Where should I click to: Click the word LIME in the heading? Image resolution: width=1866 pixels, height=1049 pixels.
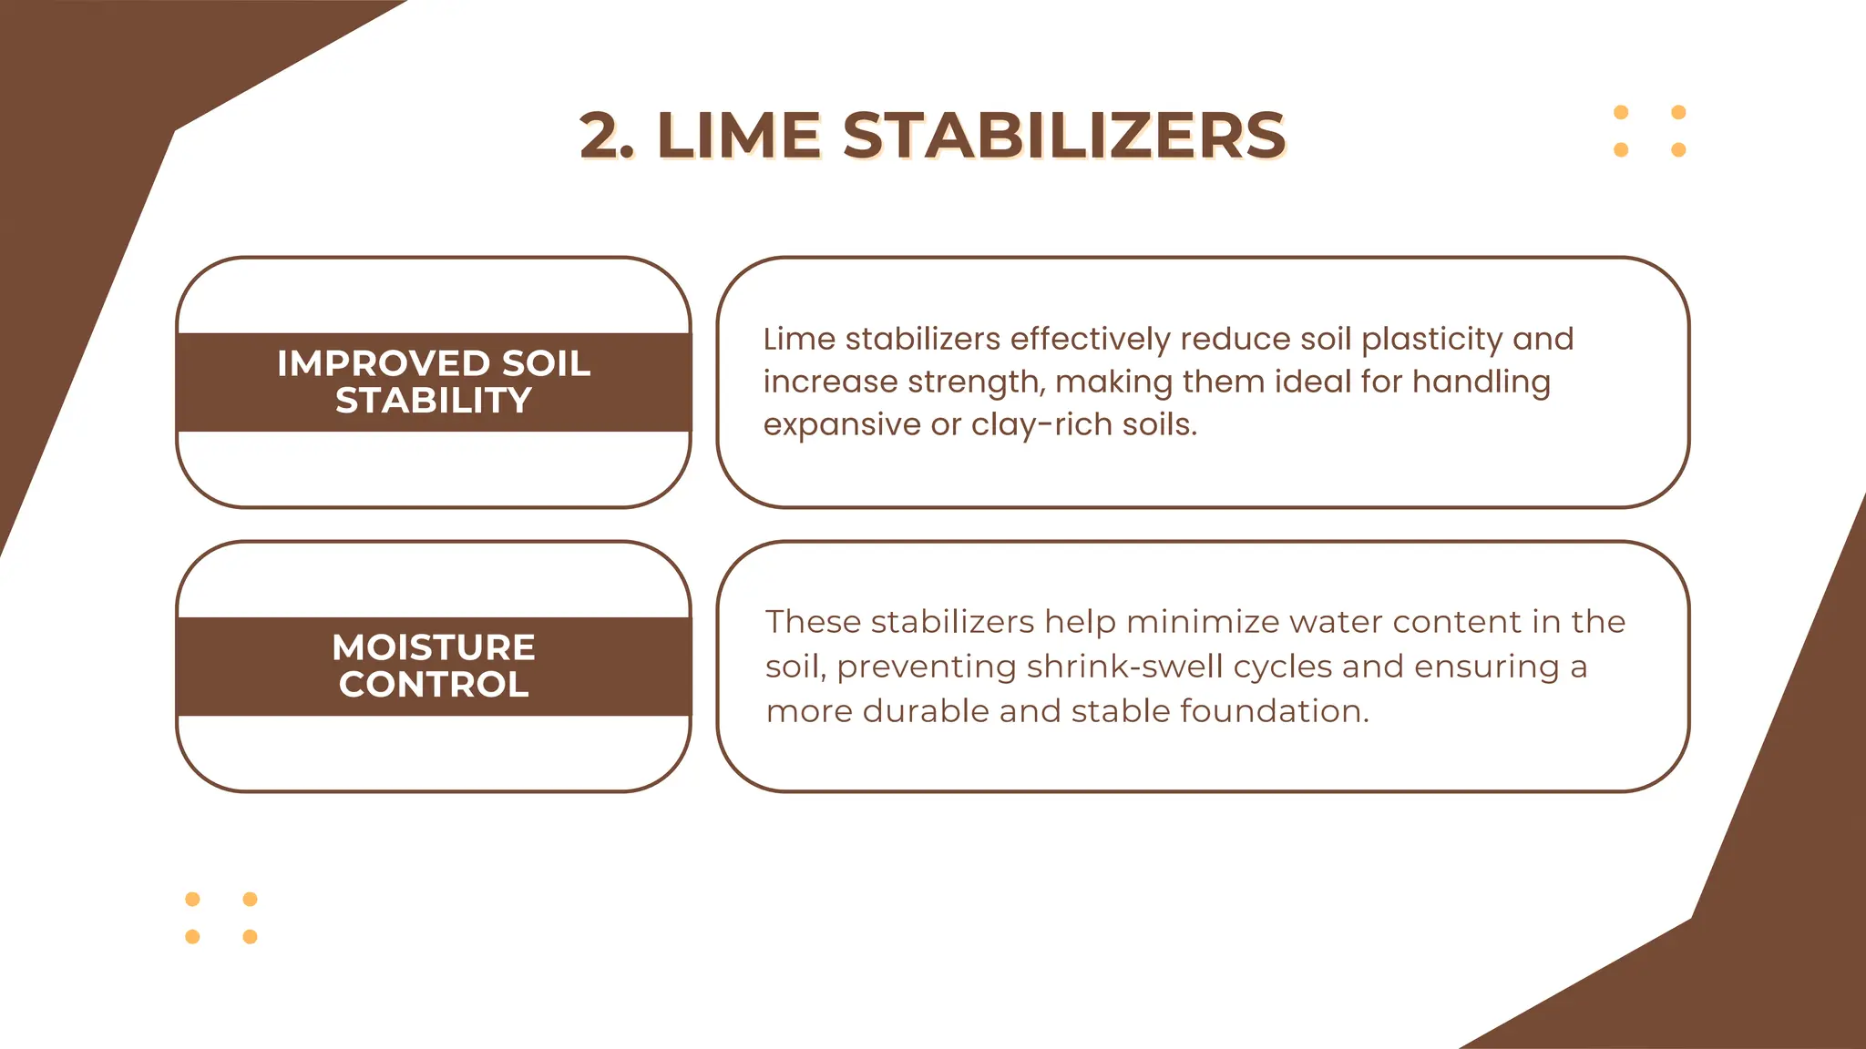tap(738, 137)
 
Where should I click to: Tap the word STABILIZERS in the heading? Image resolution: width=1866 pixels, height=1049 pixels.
tap(1063, 137)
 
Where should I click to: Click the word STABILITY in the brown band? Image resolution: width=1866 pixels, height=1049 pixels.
tap(434, 401)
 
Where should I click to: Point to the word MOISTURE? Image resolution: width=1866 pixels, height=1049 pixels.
tap(434, 647)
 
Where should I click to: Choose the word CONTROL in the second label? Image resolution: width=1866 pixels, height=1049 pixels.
tap(434, 685)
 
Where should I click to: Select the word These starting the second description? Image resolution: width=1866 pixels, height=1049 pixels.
tap(813, 622)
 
